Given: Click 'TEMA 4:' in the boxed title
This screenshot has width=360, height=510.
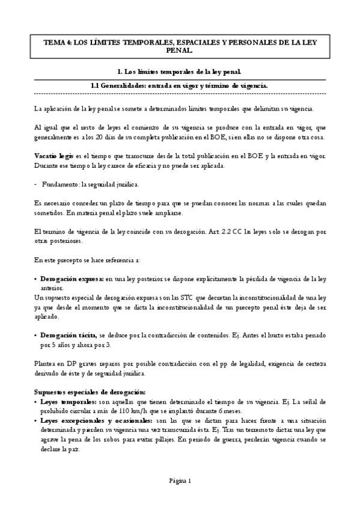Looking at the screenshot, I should [x=57, y=43].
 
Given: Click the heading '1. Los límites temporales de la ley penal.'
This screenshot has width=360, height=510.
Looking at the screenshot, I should [x=180, y=72].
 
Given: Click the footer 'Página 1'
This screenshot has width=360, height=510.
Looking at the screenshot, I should [x=180, y=481].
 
